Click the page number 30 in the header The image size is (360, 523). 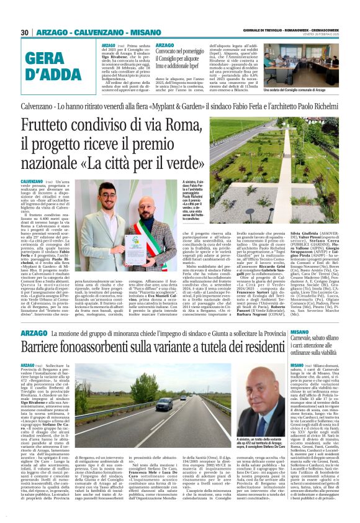[x=25, y=32]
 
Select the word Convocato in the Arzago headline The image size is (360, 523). [x=173, y=52]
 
